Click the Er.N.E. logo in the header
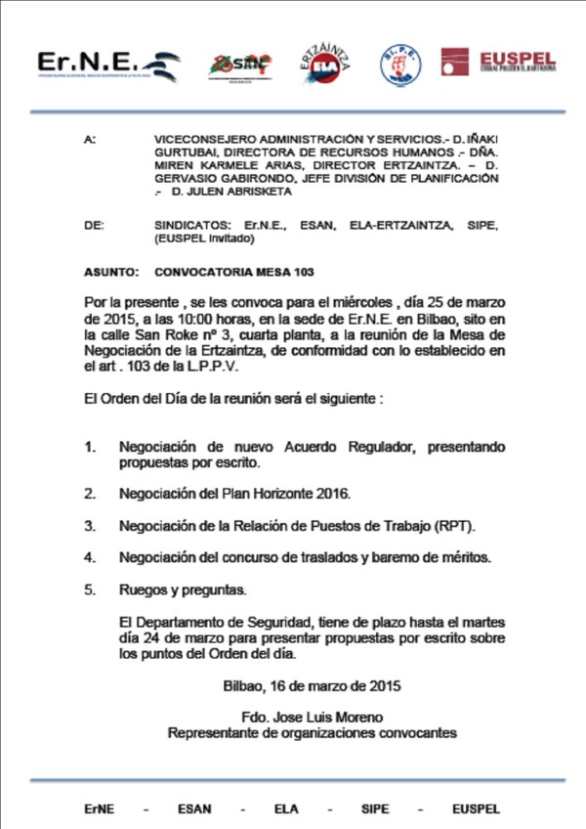click(x=108, y=65)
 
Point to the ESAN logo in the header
click(x=238, y=65)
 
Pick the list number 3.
click(x=90, y=526)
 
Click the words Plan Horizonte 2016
click(x=285, y=494)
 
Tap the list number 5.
click(x=90, y=590)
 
